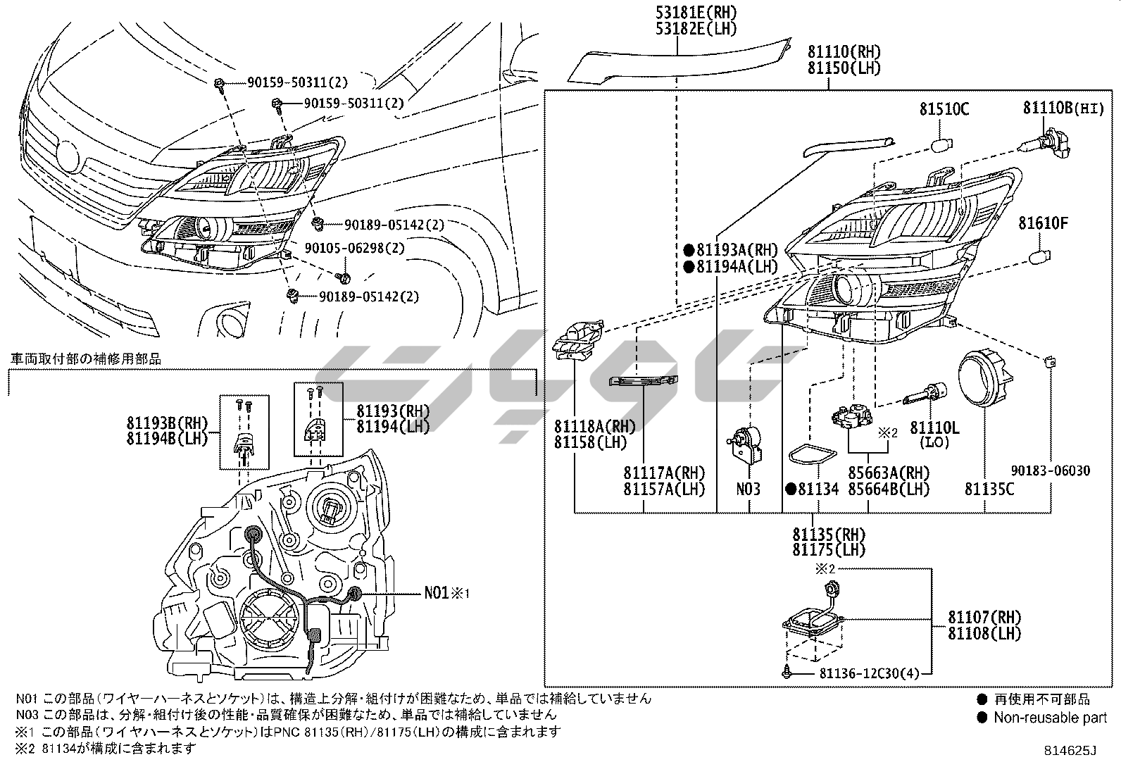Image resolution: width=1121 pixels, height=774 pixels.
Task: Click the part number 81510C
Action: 944,108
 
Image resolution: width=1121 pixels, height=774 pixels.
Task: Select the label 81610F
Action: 1044,223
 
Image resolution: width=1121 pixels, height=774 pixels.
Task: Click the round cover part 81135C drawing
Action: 985,379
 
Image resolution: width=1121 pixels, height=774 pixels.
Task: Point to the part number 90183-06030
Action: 1051,470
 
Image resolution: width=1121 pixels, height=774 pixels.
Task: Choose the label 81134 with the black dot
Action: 812,489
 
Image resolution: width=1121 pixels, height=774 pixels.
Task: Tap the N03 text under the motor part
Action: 749,489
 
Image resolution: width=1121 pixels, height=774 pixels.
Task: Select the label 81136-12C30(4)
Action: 870,674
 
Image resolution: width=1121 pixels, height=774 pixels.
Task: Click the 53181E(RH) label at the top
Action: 696,12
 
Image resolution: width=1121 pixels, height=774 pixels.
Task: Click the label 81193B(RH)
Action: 167,423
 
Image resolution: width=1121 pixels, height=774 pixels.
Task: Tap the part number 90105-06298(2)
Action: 354,249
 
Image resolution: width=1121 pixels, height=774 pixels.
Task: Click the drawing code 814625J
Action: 1070,751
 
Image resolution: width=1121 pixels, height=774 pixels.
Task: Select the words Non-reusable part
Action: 1050,718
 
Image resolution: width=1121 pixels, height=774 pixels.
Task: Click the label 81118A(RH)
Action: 594,427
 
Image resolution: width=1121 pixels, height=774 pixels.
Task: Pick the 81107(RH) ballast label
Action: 984,618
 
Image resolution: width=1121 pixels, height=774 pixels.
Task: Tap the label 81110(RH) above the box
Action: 844,51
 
